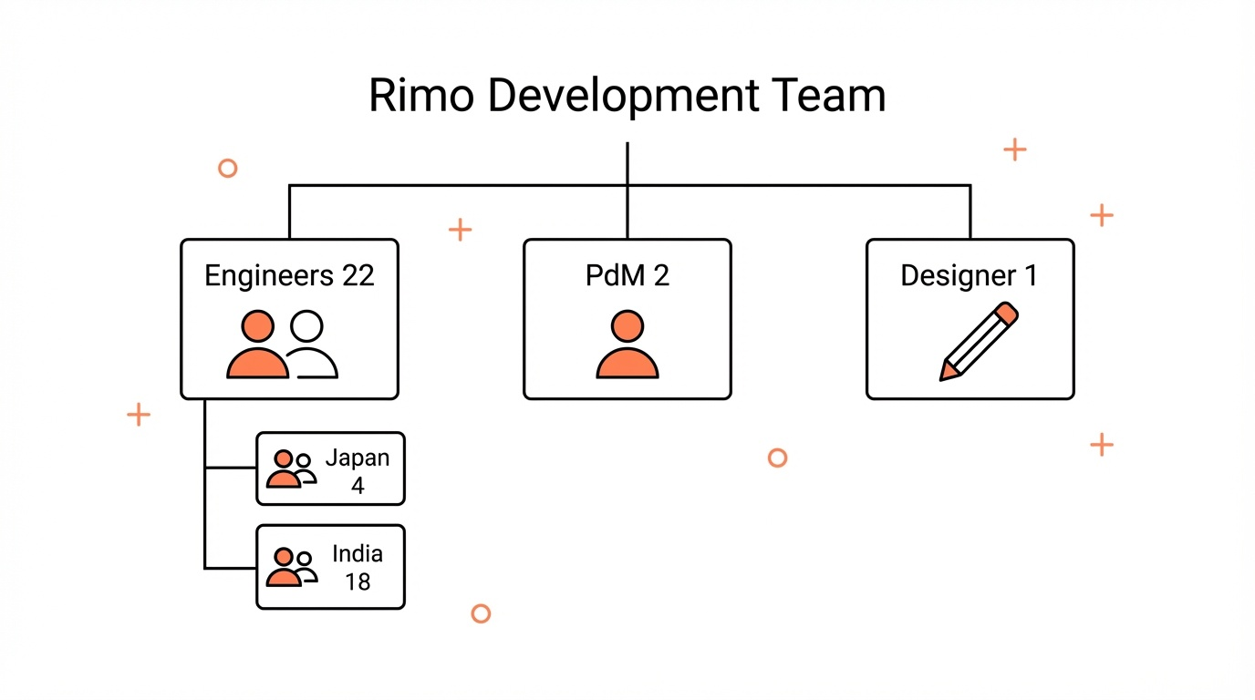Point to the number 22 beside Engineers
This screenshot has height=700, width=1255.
[358, 275]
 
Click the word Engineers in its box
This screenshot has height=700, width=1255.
[270, 275]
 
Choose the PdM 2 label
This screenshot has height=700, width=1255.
[627, 275]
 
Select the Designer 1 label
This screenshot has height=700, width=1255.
[969, 275]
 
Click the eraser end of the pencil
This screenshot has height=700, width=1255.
[1006, 314]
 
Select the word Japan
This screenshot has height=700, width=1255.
[358, 458]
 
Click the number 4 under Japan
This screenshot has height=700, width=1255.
[358, 486]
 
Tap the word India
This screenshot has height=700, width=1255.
[358, 553]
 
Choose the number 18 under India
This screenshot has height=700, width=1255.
[358, 581]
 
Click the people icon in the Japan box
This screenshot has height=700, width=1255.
[291, 468]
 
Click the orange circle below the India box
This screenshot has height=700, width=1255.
[481, 613]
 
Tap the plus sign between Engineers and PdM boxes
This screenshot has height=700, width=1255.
[461, 230]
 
